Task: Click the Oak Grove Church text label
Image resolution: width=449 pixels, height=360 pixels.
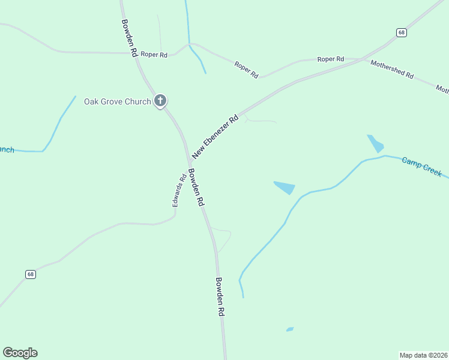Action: (117, 101)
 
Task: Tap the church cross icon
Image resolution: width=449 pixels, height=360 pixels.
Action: (160, 101)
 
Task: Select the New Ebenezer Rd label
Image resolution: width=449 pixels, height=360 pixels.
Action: (215, 137)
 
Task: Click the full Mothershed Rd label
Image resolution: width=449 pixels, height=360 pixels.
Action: (392, 70)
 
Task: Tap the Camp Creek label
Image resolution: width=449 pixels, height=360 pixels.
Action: (421, 167)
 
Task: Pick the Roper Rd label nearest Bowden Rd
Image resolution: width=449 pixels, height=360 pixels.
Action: (154, 55)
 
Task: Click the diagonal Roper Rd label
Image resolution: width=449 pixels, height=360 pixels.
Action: (246, 70)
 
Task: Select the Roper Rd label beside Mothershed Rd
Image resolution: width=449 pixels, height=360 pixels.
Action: (331, 59)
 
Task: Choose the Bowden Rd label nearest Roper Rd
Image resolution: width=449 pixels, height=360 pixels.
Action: (128, 37)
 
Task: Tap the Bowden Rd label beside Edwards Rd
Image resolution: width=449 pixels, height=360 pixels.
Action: (196, 188)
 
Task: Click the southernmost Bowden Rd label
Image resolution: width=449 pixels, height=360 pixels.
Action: (220, 296)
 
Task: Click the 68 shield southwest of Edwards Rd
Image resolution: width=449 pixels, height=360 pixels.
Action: (31, 274)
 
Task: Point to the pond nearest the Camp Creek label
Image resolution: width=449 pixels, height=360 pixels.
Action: (376, 143)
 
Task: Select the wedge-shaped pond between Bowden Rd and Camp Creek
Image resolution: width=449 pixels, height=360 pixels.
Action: (285, 187)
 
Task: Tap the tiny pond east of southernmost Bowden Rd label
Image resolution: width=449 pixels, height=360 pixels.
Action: (290, 329)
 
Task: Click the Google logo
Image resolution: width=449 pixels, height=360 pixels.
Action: (20, 353)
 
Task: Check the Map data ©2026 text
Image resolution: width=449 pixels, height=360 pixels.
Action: (423, 355)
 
